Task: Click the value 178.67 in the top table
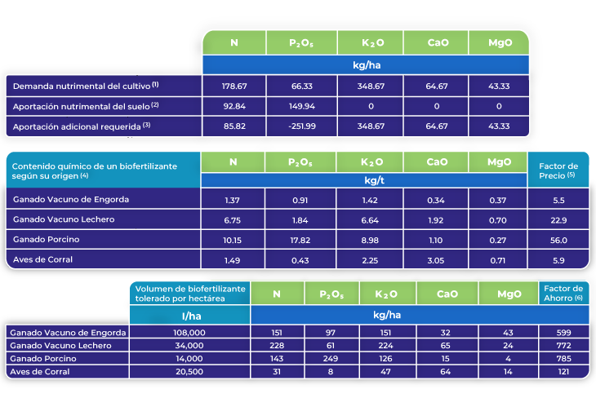(234, 85)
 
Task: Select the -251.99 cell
(302, 126)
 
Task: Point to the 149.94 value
(302, 106)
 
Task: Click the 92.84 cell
(234, 106)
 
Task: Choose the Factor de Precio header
(559, 170)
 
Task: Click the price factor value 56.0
(559, 240)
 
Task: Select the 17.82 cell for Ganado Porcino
(302, 240)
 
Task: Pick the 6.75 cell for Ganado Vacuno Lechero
(234, 220)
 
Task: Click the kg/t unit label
(364, 180)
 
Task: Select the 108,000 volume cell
(189, 333)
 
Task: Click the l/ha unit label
(189, 315)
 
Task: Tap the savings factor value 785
(562, 359)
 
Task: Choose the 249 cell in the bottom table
(331, 359)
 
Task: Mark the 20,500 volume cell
(189, 372)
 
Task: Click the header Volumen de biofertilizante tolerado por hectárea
(189, 293)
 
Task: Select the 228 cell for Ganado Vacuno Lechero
(277, 346)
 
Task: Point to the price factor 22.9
(559, 220)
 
